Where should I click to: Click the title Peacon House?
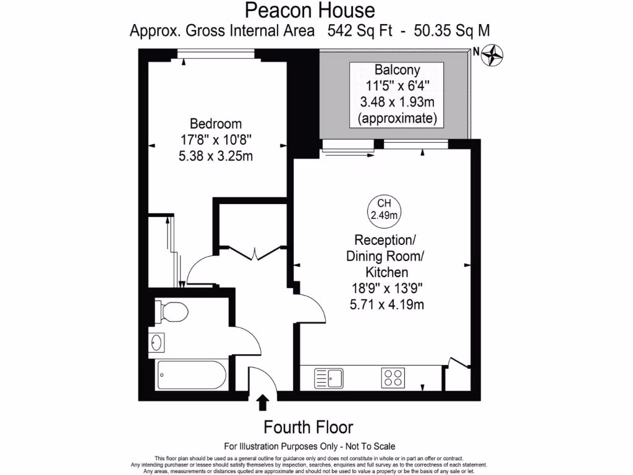[x=310, y=11]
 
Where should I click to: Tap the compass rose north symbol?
[x=493, y=55]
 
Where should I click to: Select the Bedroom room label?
[x=215, y=123]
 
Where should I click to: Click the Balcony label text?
[x=397, y=70]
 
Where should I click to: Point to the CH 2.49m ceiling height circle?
[x=384, y=209]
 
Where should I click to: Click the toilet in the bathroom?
[x=171, y=311]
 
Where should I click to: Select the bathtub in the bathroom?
[x=190, y=374]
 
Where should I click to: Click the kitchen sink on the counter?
[x=329, y=377]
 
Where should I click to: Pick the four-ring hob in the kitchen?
[x=393, y=377]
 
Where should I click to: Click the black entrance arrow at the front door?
[x=263, y=403]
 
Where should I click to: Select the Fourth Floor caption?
[x=308, y=427]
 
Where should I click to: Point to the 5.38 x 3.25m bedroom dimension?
[x=215, y=156]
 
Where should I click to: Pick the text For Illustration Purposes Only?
[x=281, y=446]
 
